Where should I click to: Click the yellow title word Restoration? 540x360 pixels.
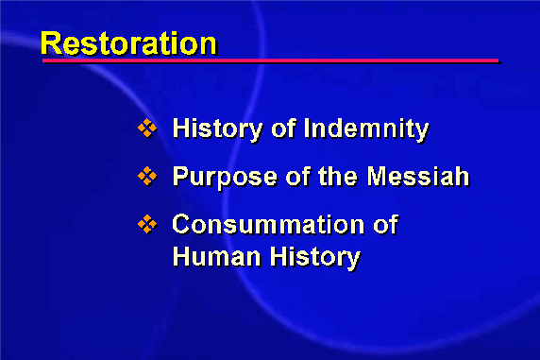coord(128,43)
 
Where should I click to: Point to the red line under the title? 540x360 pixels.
coord(270,60)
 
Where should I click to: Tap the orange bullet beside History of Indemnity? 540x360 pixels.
coord(147,128)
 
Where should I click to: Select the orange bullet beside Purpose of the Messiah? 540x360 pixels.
coord(147,176)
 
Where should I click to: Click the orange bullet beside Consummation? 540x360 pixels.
coord(147,224)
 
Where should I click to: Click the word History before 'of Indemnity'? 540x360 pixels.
coord(218,129)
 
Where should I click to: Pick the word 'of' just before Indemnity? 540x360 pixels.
coord(283,129)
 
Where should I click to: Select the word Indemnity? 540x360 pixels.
coord(366,129)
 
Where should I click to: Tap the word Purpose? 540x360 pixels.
coord(225,178)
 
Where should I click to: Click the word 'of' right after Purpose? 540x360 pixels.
coord(297,176)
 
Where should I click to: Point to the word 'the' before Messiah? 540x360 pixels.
coord(338,176)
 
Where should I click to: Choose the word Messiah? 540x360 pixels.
coord(418,176)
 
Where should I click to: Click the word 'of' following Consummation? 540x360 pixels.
coord(386,224)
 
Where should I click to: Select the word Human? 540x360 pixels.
coord(216,257)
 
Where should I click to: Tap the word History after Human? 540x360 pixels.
coord(315,258)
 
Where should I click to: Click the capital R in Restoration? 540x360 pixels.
coord(52,43)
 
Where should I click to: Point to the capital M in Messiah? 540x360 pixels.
coord(378,176)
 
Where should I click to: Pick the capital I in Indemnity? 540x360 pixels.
coord(307,129)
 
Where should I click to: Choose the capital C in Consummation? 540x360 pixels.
coord(181,225)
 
